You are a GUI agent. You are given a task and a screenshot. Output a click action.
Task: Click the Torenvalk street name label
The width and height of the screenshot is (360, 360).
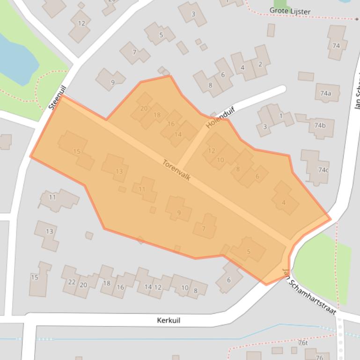176,170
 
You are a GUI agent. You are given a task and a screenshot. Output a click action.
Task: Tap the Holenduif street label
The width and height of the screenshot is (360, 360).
220,117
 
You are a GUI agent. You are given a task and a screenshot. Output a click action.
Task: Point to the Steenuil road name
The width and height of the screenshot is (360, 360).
58,97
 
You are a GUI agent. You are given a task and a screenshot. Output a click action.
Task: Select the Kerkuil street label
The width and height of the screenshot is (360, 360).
169,320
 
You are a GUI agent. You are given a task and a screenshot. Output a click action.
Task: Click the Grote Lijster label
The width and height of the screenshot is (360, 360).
290,11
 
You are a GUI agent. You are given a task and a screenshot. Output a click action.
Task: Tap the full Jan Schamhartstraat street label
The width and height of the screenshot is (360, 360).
309,291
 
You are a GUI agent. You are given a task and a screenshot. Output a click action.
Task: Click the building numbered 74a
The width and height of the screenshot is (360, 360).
326,93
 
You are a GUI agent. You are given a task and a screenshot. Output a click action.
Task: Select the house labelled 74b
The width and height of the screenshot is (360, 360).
320,125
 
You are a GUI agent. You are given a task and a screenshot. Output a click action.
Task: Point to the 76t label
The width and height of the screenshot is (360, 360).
303,343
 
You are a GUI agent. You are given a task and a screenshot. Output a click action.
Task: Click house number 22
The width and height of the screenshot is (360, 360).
72,282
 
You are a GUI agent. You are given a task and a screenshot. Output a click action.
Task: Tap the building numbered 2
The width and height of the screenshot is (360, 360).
260,64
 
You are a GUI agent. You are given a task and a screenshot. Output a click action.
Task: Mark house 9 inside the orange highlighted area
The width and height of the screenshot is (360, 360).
178,213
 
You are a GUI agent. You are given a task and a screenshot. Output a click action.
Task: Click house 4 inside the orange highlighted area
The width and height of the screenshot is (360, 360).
284,202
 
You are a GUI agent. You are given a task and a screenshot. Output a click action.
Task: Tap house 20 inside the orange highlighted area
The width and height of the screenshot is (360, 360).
144,108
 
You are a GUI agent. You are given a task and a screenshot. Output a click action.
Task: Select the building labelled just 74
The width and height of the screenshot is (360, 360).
336,45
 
